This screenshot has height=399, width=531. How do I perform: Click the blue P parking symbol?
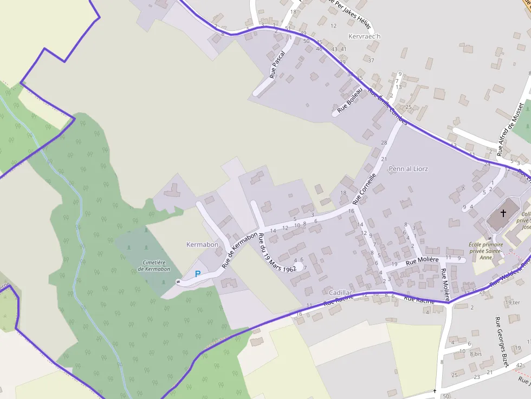[x=197, y=274]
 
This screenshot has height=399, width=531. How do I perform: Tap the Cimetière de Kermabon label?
[x=154, y=266]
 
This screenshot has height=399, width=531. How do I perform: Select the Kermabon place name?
[x=202, y=245]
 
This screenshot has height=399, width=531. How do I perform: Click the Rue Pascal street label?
[x=277, y=65]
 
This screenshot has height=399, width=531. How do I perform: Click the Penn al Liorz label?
[x=408, y=169]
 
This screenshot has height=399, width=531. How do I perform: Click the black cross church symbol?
[x=503, y=213]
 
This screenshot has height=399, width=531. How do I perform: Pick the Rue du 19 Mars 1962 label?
[x=277, y=253]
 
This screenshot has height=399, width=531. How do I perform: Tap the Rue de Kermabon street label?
[x=239, y=250]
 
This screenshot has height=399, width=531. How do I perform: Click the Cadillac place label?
[x=341, y=293]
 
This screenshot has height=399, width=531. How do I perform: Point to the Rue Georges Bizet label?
[x=501, y=343]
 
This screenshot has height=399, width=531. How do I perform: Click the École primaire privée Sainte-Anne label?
[x=485, y=251]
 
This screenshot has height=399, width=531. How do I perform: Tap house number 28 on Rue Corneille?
[x=384, y=142]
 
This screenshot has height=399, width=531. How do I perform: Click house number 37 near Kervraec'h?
[x=371, y=60]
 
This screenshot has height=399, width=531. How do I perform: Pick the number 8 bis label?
[x=475, y=354]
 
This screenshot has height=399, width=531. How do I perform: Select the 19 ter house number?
[x=513, y=302]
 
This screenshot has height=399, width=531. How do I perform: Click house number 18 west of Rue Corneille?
[x=343, y=193]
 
